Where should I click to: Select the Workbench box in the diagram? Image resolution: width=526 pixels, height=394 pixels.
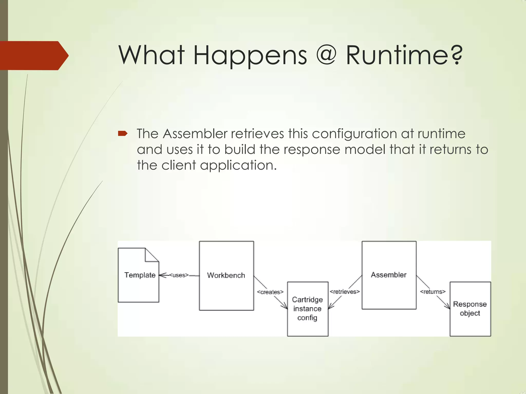click(226, 275)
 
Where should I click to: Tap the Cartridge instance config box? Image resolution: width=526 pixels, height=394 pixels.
click(307, 309)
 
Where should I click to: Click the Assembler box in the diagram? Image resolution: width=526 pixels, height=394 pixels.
click(389, 275)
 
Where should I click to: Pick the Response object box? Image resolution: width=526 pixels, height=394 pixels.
click(470, 309)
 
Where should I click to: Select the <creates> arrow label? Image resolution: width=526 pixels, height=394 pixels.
click(270, 292)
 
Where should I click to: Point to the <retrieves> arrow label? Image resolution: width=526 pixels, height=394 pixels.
click(345, 292)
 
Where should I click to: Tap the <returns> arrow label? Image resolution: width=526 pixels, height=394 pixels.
click(433, 292)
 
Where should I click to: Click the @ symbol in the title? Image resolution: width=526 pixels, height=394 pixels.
click(326, 55)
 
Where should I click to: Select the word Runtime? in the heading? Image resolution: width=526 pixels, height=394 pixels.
click(404, 55)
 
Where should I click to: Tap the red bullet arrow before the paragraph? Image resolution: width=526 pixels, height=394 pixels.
click(123, 133)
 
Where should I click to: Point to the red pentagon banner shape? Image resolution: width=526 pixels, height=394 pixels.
click(33, 55)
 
